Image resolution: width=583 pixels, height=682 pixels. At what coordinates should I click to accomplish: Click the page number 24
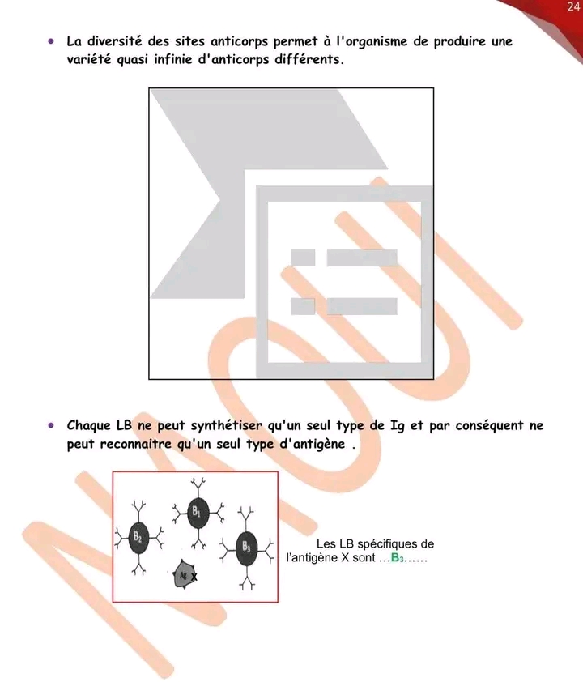coord(573,6)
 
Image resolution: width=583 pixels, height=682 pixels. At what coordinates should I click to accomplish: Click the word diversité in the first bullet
coord(115,41)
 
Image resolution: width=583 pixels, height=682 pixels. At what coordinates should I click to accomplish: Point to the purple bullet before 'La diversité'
coord(51,41)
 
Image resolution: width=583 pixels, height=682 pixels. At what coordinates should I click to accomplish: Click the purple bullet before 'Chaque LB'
coord(51,425)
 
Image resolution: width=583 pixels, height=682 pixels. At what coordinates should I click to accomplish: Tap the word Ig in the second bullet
coord(397,426)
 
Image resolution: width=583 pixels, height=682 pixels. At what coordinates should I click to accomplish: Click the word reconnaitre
coord(136,444)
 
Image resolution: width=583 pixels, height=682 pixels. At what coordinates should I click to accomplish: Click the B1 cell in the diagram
coord(198,513)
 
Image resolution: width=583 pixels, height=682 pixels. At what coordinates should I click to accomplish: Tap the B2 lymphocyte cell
coord(138,538)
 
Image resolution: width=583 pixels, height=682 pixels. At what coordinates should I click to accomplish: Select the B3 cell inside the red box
coord(246,548)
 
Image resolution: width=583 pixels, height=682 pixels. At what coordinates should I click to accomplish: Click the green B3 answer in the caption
coord(398,558)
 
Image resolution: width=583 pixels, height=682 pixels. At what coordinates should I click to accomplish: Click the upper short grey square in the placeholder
coord(303,258)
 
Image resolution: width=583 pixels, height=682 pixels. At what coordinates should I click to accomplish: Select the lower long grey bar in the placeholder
coord(362,306)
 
